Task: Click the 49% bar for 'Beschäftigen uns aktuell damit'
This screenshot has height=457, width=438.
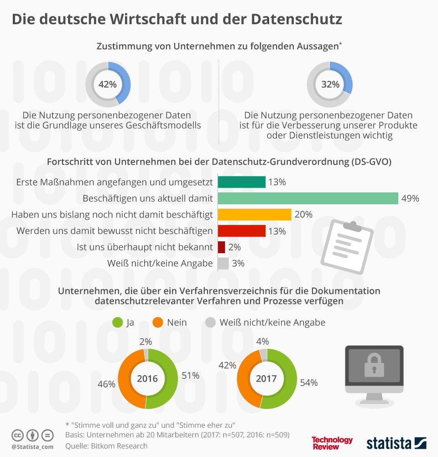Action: (308, 198)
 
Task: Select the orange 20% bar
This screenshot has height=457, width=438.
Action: (255, 214)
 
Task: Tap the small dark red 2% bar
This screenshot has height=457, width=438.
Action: (222, 247)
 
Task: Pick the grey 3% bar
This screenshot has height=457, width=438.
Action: (223, 263)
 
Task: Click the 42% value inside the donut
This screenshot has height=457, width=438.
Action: (108, 84)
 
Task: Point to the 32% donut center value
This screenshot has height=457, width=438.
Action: (330, 84)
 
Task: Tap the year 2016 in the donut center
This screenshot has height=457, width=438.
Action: (147, 379)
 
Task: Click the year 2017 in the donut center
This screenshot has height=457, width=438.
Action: (266, 379)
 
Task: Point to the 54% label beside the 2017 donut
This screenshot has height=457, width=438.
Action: (309, 383)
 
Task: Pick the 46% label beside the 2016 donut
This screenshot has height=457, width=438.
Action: (106, 384)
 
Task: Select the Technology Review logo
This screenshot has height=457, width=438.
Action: (332, 443)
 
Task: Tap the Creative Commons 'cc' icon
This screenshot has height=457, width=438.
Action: (18, 435)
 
